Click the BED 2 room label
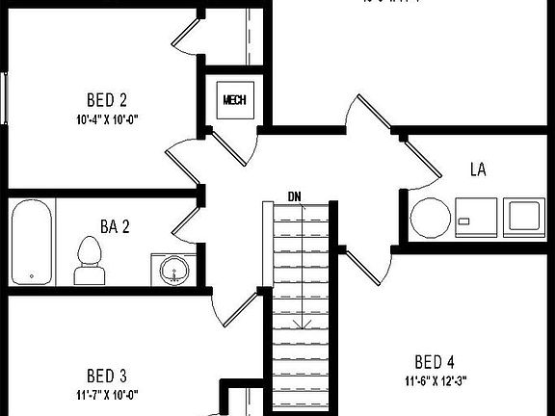click(107, 99)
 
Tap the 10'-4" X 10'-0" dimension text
click(107, 120)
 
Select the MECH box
click(234, 99)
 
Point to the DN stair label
click(295, 196)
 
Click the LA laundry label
click(478, 169)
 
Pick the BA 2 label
click(115, 227)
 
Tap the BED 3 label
click(107, 375)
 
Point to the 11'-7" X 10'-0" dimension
click(107, 394)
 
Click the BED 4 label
click(435, 362)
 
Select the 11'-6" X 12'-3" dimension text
click(435, 380)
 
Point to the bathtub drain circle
click(32, 277)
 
